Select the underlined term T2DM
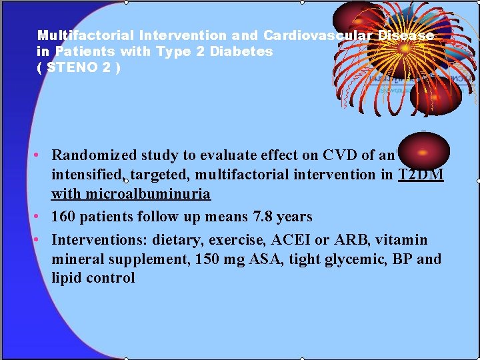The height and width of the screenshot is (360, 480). point(421,175)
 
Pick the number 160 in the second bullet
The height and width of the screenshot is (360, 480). point(63,217)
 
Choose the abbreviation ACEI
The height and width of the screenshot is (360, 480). point(285,240)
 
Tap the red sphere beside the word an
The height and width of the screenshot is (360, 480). point(419,151)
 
